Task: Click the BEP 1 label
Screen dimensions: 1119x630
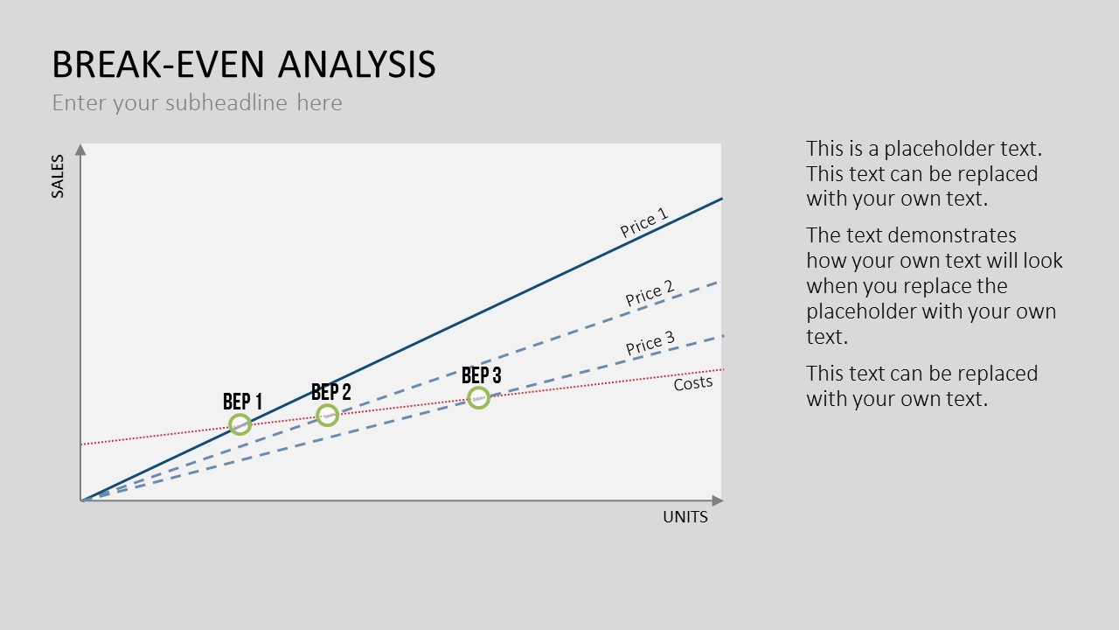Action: pyautogui.click(x=242, y=402)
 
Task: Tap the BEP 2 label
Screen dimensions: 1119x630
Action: pyautogui.click(x=330, y=392)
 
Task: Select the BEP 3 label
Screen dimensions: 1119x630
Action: pyautogui.click(x=481, y=375)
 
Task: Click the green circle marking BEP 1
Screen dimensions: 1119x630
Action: pyautogui.click(x=240, y=414)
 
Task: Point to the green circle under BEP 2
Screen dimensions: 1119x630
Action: pyautogui.click(x=327, y=404)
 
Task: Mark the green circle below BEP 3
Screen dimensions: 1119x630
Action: pyautogui.click(x=478, y=388)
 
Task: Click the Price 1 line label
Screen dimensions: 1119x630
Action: pyautogui.click(x=644, y=222)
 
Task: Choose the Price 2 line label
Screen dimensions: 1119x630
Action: pyautogui.click(x=650, y=293)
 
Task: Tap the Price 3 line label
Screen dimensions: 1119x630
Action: pyautogui.click(x=650, y=343)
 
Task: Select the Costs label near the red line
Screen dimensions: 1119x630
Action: pyautogui.click(x=693, y=383)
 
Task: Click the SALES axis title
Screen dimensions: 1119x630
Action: pyautogui.click(x=58, y=176)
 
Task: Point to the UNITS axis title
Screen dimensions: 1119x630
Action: pyautogui.click(x=685, y=517)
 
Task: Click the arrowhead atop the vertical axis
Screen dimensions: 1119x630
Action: pyautogui.click(x=80, y=150)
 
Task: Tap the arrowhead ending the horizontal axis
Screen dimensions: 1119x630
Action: pyautogui.click(x=718, y=500)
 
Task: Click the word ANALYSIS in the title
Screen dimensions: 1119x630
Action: pyautogui.click(x=357, y=65)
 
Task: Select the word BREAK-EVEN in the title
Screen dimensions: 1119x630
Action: pyautogui.click(x=158, y=65)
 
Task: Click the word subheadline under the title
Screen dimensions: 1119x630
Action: pyautogui.click(x=226, y=102)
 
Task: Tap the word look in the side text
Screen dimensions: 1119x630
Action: pyautogui.click(x=1043, y=261)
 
